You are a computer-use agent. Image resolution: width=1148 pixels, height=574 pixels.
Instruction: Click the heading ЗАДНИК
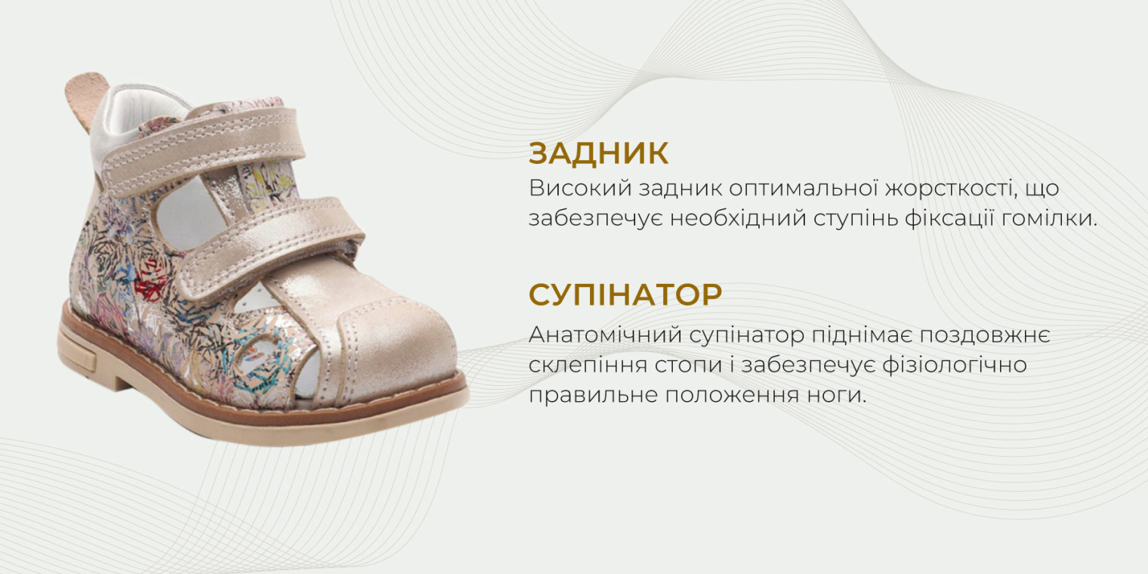[598, 153]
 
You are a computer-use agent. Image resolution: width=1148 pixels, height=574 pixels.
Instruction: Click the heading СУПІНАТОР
[625, 295]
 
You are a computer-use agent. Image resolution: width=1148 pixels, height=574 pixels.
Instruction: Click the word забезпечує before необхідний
[594, 219]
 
